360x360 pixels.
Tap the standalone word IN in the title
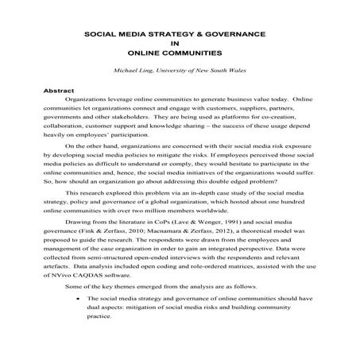pyautogui.click(x=180, y=46)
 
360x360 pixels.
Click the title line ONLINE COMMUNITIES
pyautogui.click(x=180, y=56)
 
